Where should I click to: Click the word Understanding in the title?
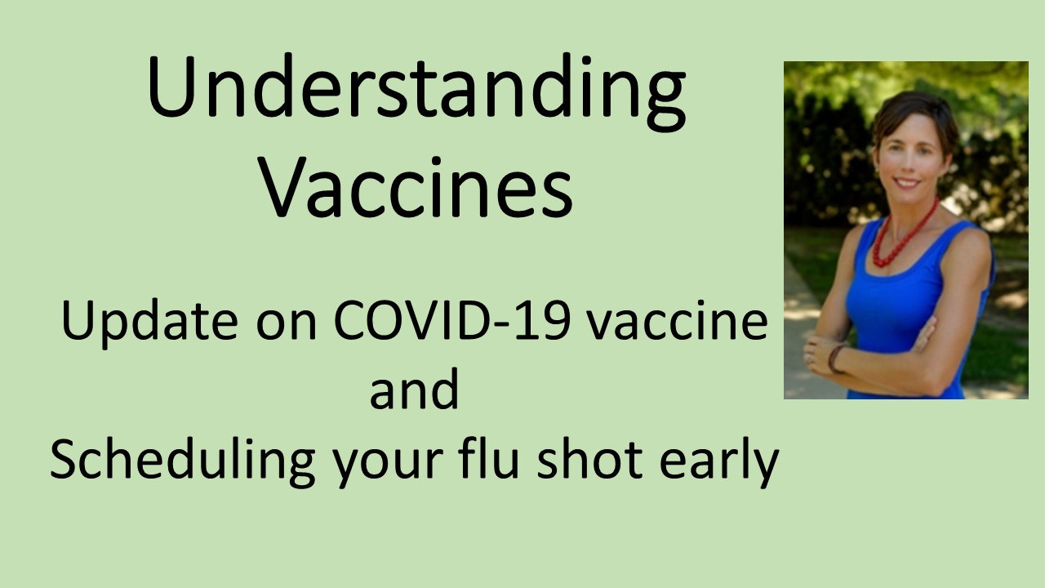[x=416, y=92]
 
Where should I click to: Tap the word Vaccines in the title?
[x=416, y=188]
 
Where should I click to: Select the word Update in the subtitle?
[x=149, y=323]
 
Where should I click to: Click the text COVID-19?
[x=451, y=321]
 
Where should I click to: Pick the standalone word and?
[x=414, y=390]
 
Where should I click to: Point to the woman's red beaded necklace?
[x=903, y=238]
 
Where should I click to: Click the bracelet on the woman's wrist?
[x=834, y=359]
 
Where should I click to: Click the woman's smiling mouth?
[x=906, y=182]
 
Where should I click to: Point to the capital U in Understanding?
[x=171, y=87]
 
